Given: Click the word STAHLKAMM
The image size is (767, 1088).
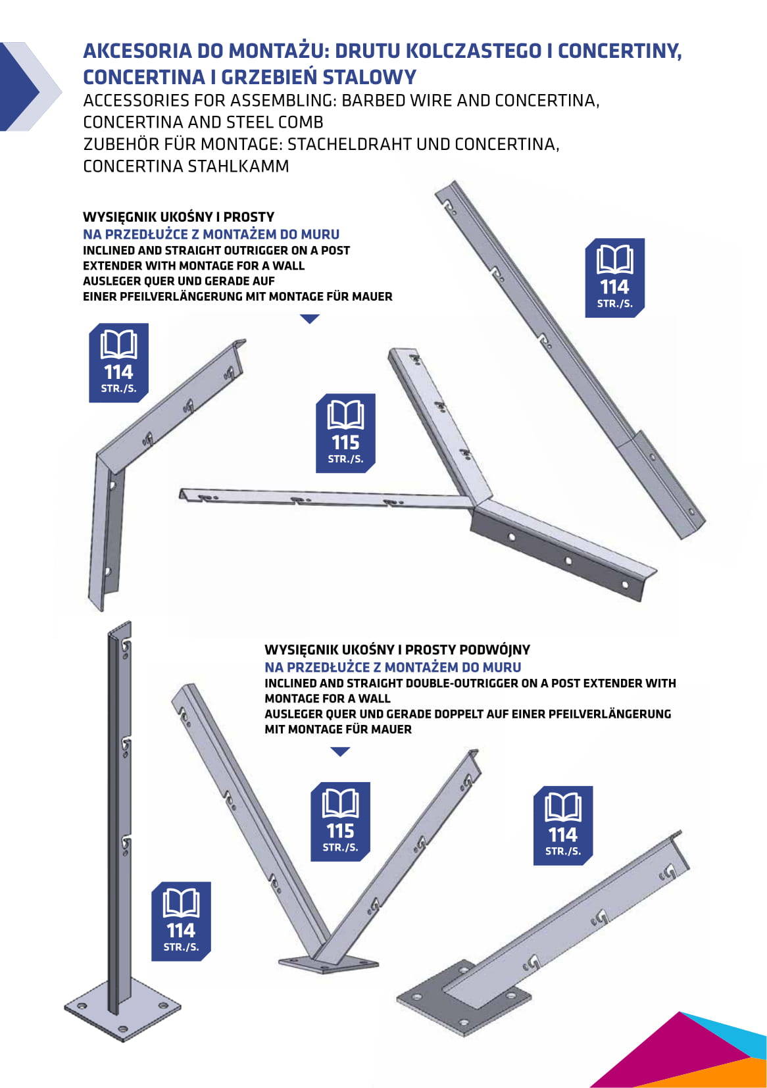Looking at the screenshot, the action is (238, 166).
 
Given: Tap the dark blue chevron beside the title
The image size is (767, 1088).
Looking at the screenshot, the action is (20, 86).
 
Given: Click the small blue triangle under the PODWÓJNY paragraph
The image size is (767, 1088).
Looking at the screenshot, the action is (340, 752).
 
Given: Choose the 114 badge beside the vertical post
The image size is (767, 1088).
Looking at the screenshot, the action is (181, 922).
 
